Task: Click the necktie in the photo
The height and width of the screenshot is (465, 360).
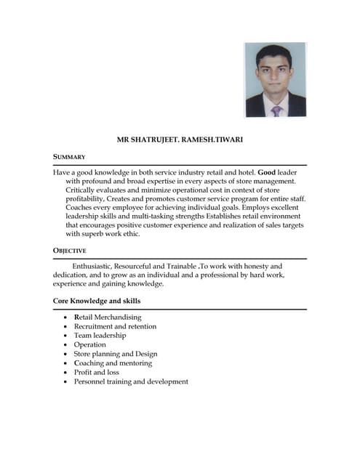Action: coord(276,110)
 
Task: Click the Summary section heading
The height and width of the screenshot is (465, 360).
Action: coord(70,157)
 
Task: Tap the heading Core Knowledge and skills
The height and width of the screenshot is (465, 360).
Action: coord(97,301)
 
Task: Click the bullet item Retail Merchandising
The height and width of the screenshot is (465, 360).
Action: coord(108,318)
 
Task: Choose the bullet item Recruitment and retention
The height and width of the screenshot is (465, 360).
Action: coord(116,327)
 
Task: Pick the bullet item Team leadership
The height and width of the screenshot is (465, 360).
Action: coord(100,336)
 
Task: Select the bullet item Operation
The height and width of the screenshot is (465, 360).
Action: coord(90,345)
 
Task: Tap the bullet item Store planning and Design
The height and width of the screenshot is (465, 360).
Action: coord(116,354)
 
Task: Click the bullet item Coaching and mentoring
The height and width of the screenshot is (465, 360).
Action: coord(113,363)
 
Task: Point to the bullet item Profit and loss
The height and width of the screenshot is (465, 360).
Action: coord(97,372)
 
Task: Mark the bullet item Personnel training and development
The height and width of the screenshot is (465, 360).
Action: coord(131,381)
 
